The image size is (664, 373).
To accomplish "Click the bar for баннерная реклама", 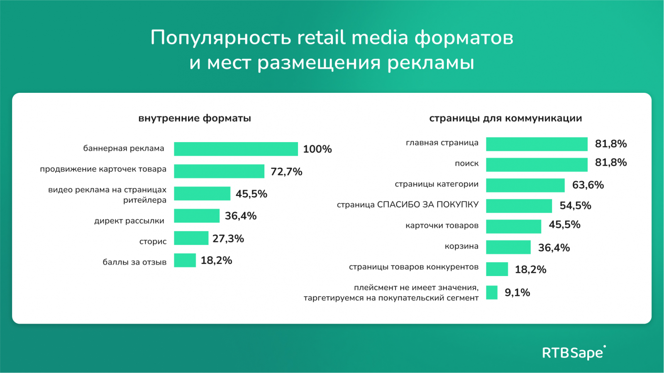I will (x=236, y=149).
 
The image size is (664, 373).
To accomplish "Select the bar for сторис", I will (x=191, y=238).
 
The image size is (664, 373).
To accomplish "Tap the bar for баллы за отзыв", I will (x=185, y=260).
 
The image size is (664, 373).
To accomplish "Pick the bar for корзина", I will (x=508, y=247).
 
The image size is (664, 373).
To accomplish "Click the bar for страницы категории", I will (x=525, y=185).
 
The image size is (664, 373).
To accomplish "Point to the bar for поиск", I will (x=537, y=165).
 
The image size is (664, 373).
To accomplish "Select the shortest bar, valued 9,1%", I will (x=492, y=293).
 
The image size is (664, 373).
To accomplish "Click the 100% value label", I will (x=317, y=149).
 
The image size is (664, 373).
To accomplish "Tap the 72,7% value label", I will (x=286, y=172).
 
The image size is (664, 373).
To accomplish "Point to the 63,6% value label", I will (x=588, y=185).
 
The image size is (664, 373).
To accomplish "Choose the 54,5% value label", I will (x=575, y=206).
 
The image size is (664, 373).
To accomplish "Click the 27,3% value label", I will (x=228, y=239).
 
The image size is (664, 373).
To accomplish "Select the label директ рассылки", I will (x=129, y=221).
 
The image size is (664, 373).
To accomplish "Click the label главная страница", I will (x=442, y=143).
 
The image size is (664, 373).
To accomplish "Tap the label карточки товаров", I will (x=442, y=226).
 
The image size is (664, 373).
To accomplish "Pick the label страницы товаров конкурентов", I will (x=414, y=267).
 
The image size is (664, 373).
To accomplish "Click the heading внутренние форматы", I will (x=195, y=119).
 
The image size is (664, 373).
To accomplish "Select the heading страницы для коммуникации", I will (x=505, y=119).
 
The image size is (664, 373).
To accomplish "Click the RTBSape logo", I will (x=574, y=353).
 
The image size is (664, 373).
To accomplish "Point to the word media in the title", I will (x=380, y=38).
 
